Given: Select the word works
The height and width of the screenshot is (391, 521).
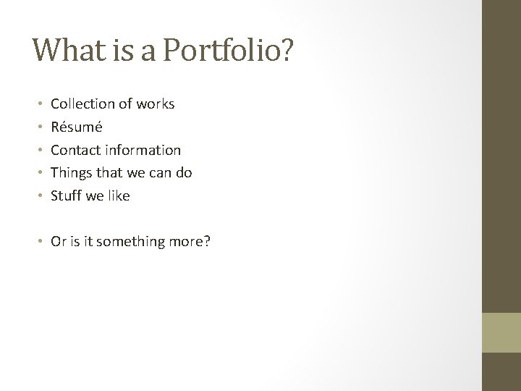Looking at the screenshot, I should coord(155,104).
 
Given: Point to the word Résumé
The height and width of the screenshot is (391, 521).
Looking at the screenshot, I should coord(76,127).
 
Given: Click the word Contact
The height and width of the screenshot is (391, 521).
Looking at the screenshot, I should coord(75,150).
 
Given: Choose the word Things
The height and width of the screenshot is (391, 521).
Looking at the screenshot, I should coord(71,172).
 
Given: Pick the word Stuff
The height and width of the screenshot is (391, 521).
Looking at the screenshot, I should coord(66,195).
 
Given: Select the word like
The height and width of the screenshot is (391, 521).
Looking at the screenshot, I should coord(118,195).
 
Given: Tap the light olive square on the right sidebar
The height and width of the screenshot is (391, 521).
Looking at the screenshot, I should coord(501,333).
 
